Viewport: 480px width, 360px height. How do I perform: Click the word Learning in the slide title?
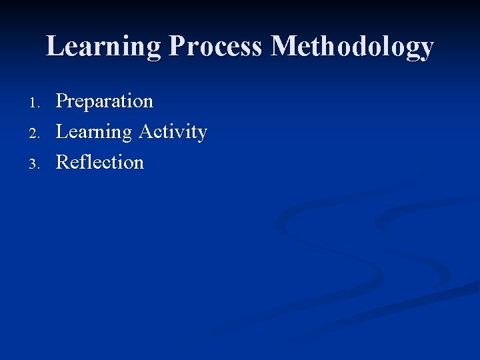click(x=103, y=47)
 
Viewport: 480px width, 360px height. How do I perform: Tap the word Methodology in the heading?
click(x=353, y=47)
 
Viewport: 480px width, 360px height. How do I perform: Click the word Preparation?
click(x=105, y=101)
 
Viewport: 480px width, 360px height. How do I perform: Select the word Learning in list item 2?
click(x=94, y=132)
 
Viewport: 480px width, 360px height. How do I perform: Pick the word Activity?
click(x=173, y=132)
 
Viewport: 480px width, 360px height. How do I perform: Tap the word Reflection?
click(x=100, y=162)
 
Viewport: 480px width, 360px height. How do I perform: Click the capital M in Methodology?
click(x=284, y=47)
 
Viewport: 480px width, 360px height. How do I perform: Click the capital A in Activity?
click(x=146, y=131)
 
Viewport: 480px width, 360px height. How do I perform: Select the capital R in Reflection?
click(x=63, y=162)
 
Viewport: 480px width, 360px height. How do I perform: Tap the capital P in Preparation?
click(x=62, y=101)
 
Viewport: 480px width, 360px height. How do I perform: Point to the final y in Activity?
click(x=201, y=135)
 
